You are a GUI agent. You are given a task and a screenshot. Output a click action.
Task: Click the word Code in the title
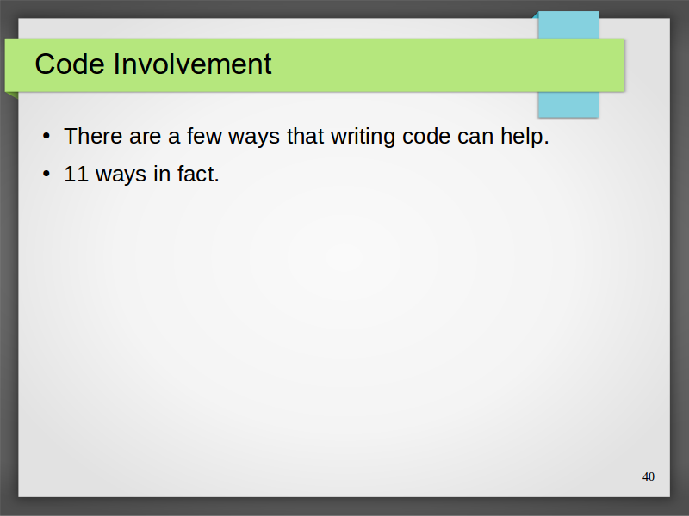[70, 64]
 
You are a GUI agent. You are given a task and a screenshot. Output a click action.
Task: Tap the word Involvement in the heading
[192, 64]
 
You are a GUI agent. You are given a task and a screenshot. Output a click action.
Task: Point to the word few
[204, 136]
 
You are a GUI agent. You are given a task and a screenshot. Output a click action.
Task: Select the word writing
[363, 138]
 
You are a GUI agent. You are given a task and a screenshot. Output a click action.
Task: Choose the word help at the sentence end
[522, 138]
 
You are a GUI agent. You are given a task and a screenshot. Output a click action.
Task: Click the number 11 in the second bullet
[77, 175]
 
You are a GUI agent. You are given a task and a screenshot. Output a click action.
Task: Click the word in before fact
[162, 175]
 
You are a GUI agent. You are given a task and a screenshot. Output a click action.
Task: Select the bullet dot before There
[47, 136]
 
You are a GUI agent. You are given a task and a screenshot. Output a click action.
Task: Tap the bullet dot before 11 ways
[47, 175]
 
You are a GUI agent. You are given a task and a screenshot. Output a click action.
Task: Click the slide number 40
[649, 476]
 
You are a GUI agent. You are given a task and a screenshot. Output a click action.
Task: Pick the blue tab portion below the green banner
[568, 104]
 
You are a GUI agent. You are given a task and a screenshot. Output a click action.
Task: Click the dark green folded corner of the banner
[10, 95]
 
